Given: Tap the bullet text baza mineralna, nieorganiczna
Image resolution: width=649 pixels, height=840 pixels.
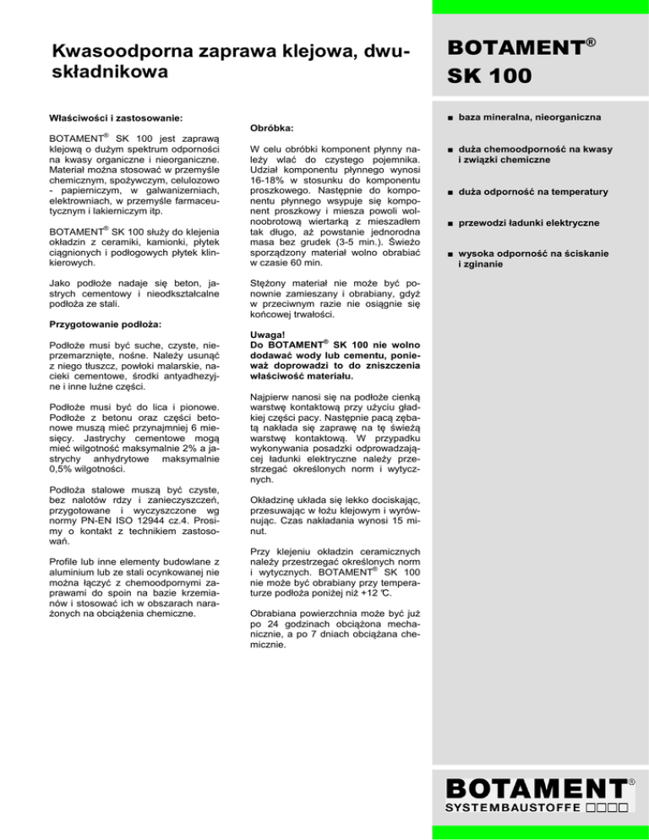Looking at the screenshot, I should coord(543,117).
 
